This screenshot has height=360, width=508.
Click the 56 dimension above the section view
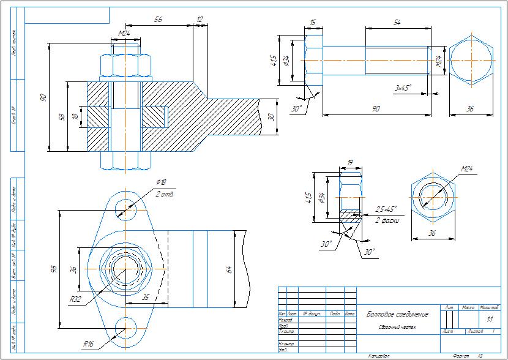coord(158,20)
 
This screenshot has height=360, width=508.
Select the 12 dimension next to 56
coord(199,20)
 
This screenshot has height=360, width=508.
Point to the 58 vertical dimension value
coord(61,116)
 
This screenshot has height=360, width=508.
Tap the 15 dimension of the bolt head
coord(313,23)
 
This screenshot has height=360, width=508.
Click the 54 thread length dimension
coord(397,22)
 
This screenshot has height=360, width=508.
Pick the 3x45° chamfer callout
coord(402,88)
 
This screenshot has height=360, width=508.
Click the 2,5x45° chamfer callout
coord(386,209)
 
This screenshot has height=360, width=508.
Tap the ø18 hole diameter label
coord(161,182)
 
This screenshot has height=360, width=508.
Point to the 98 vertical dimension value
coord(53,269)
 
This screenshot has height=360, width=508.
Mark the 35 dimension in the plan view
coord(146,297)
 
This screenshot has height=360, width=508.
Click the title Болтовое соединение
coord(397,315)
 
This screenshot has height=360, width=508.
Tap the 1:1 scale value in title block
coord(489,320)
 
